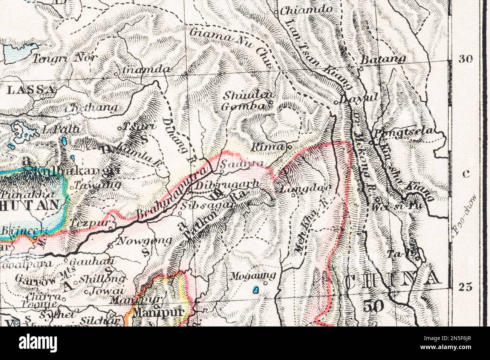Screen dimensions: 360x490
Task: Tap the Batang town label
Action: pos(383,59)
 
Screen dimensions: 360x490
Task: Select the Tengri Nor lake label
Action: pos(64,58)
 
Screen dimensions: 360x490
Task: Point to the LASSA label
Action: pos(31,90)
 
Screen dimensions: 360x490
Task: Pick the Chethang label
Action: pos(91,108)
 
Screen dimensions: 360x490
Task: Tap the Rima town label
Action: pos(267,147)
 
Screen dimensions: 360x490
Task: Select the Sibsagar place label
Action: pos(208,206)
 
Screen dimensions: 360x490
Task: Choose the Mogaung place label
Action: pos(253,276)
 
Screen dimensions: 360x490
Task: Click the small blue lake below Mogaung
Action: pos(256,290)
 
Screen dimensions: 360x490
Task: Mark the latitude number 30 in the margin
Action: pos(465,59)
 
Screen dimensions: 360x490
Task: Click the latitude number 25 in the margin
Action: pos(465,287)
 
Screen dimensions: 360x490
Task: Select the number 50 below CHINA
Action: pos(373,305)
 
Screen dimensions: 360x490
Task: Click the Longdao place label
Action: pos(306,188)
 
